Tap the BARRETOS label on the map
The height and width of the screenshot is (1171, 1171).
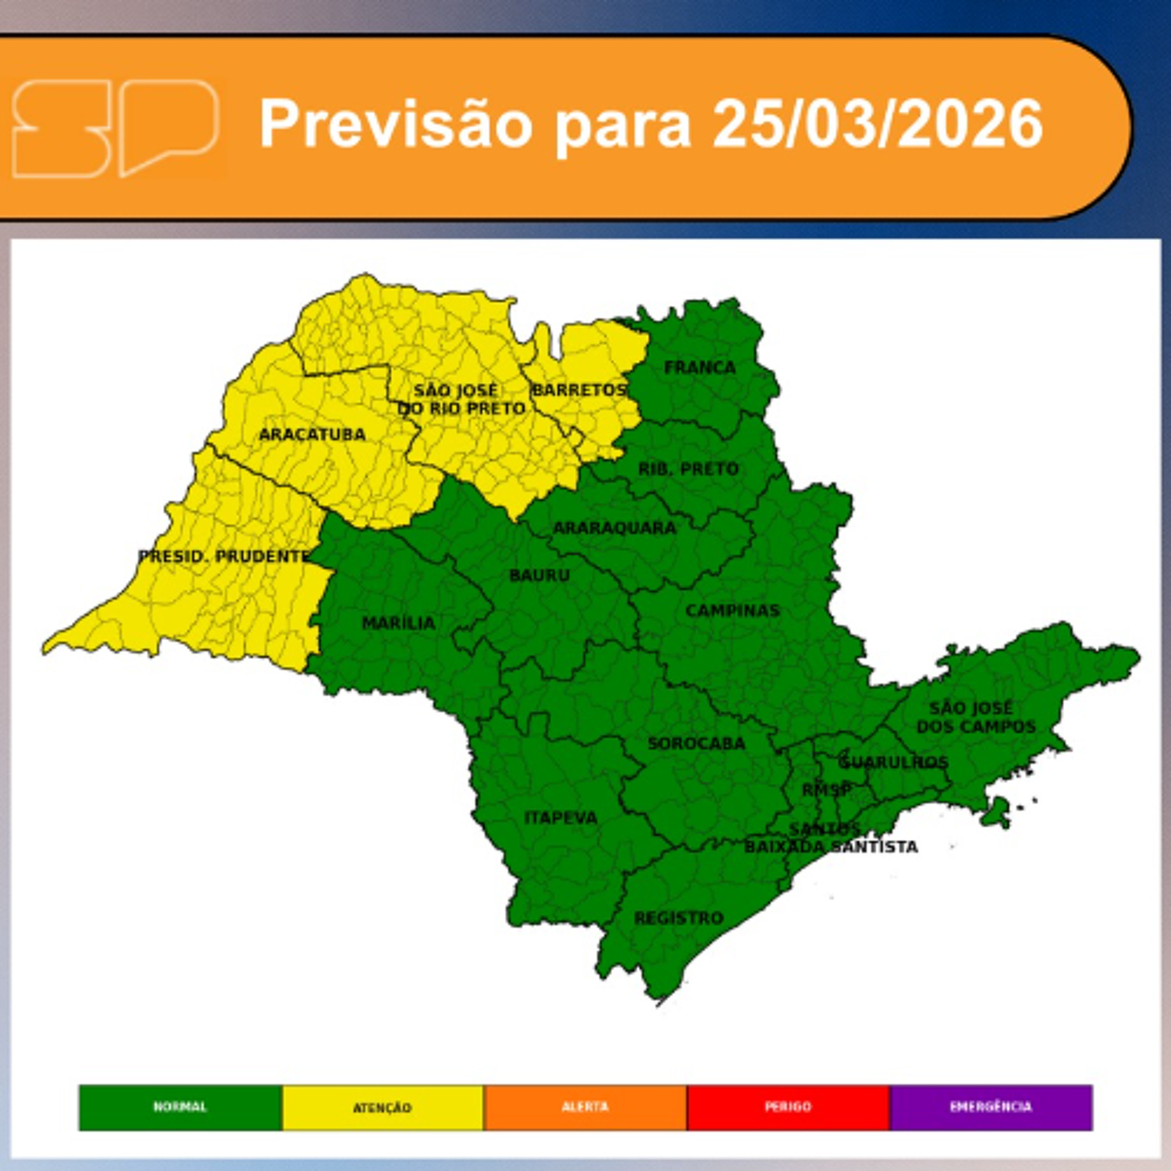tap(579, 390)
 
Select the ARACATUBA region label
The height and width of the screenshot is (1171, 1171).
tap(312, 434)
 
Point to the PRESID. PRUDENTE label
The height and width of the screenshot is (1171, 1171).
tap(224, 556)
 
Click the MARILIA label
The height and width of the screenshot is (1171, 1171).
tap(398, 623)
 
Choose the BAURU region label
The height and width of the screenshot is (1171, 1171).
tap(539, 575)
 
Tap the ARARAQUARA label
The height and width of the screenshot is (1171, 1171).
tap(614, 528)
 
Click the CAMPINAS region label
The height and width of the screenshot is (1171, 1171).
tap(732, 610)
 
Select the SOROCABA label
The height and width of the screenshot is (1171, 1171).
tap(696, 744)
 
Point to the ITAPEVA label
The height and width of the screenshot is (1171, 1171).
tap(561, 818)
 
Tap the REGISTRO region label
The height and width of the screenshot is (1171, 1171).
tap(678, 918)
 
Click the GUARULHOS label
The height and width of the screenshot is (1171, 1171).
tap(893, 762)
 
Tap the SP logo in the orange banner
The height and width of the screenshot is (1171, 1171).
tap(115, 128)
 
